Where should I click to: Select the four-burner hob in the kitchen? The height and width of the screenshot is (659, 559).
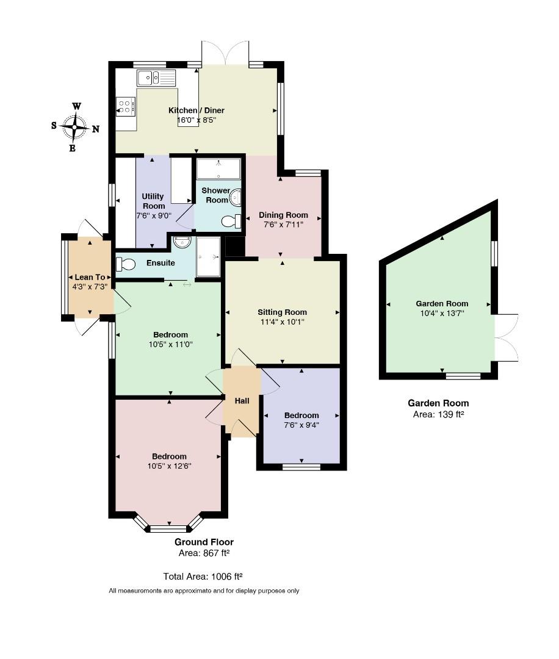point(126,106)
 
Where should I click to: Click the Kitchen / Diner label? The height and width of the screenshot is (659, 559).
point(197,110)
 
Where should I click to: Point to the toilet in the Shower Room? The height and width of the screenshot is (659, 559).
point(231,221)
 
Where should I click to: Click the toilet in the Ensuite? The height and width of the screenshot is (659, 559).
point(126,264)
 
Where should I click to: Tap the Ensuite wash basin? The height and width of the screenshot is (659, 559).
point(182,241)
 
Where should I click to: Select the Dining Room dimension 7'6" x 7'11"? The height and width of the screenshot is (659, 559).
point(283,225)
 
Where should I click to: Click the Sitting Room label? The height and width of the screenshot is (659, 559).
point(282,312)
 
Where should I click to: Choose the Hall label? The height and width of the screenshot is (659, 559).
point(242,401)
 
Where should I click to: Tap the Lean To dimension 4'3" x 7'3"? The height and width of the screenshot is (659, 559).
point(90,287)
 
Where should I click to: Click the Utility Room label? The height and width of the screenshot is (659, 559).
point(153,201)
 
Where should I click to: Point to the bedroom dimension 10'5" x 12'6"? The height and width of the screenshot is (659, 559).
point(170,466)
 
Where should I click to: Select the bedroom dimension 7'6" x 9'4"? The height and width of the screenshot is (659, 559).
point(301,425)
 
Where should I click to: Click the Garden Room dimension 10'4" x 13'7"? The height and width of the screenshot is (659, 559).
point(442,313)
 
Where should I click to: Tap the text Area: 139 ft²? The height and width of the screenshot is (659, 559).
point(438,414)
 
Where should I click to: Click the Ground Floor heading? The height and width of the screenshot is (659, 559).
point(204,542)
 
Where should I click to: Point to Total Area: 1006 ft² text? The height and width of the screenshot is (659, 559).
point(203,577)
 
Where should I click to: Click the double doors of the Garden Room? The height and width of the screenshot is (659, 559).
point(507,337)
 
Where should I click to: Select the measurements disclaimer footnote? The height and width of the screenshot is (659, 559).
point(204,591)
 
